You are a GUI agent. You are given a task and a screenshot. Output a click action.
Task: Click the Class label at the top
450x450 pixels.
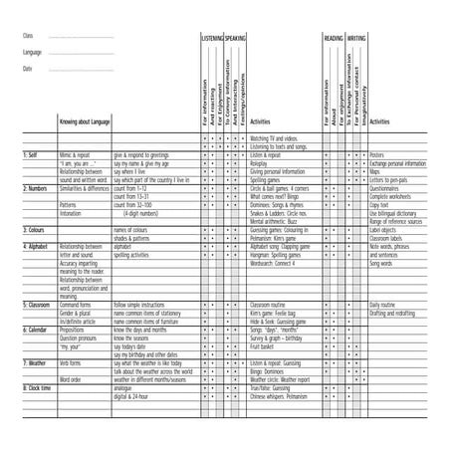point(28,36)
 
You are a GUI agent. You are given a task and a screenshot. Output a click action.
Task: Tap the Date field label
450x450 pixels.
point(28,69)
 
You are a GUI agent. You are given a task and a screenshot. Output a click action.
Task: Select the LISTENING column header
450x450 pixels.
point(212,36)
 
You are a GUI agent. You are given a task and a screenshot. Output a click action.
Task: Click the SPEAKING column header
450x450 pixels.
point(236,36)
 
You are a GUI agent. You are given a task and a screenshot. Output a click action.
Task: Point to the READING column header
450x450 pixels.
point(334,36)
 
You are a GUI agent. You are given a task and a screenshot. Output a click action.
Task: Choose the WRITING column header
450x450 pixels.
point(356,36)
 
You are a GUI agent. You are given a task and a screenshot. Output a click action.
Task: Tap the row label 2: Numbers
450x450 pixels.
point(37,186)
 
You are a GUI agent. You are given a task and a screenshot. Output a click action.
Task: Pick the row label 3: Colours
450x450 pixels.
point(36,229)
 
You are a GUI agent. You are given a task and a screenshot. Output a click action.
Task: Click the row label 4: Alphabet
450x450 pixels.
point(37,245)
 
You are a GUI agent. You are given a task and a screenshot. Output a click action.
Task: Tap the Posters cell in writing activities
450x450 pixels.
point(377,155)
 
